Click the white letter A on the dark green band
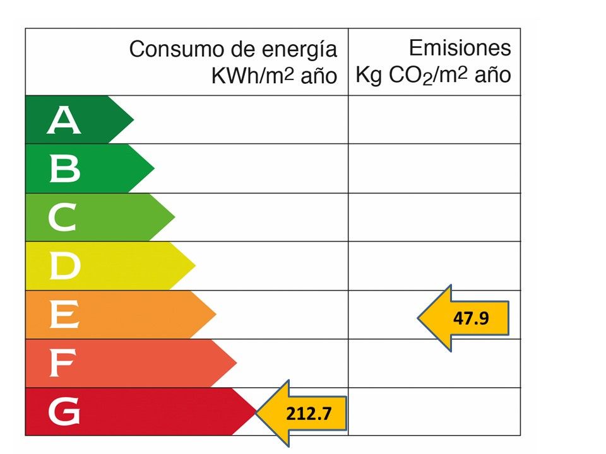[x=64, y=120]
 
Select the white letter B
[x=64, y=169]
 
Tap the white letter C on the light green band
[x=62, y=218]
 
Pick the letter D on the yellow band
[x=64, y=267]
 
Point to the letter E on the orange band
[x=64, y=315]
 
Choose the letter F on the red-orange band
[x=62, y=364]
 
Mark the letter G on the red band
[x=64, y=413]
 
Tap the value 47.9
[x=471, y=318]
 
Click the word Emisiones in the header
[x=460, y=48]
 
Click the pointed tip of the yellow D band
[x=195, y=266]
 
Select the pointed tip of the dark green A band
[x=133, y=119]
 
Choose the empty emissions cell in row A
[x=434, y=120]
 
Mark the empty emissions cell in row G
[x=434, y=412]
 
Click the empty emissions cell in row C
[x=434, y=218]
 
